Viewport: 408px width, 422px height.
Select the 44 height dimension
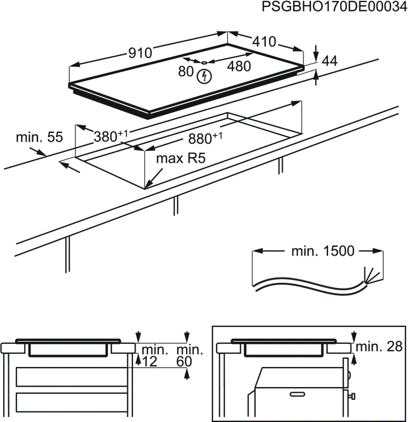click(x=329, y=61)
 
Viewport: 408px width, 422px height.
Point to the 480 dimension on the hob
click(x=239, y=66)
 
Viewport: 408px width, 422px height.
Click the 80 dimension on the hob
click(x=186, y=72)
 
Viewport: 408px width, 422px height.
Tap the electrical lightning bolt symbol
click(x=203, y=77)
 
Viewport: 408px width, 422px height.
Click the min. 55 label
click(x=39, y=138)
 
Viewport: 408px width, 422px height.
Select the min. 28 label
click(x=379, y=347)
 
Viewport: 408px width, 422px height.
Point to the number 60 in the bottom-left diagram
click(x=185, y=362)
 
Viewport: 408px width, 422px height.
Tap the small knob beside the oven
click(x=352, y=396)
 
